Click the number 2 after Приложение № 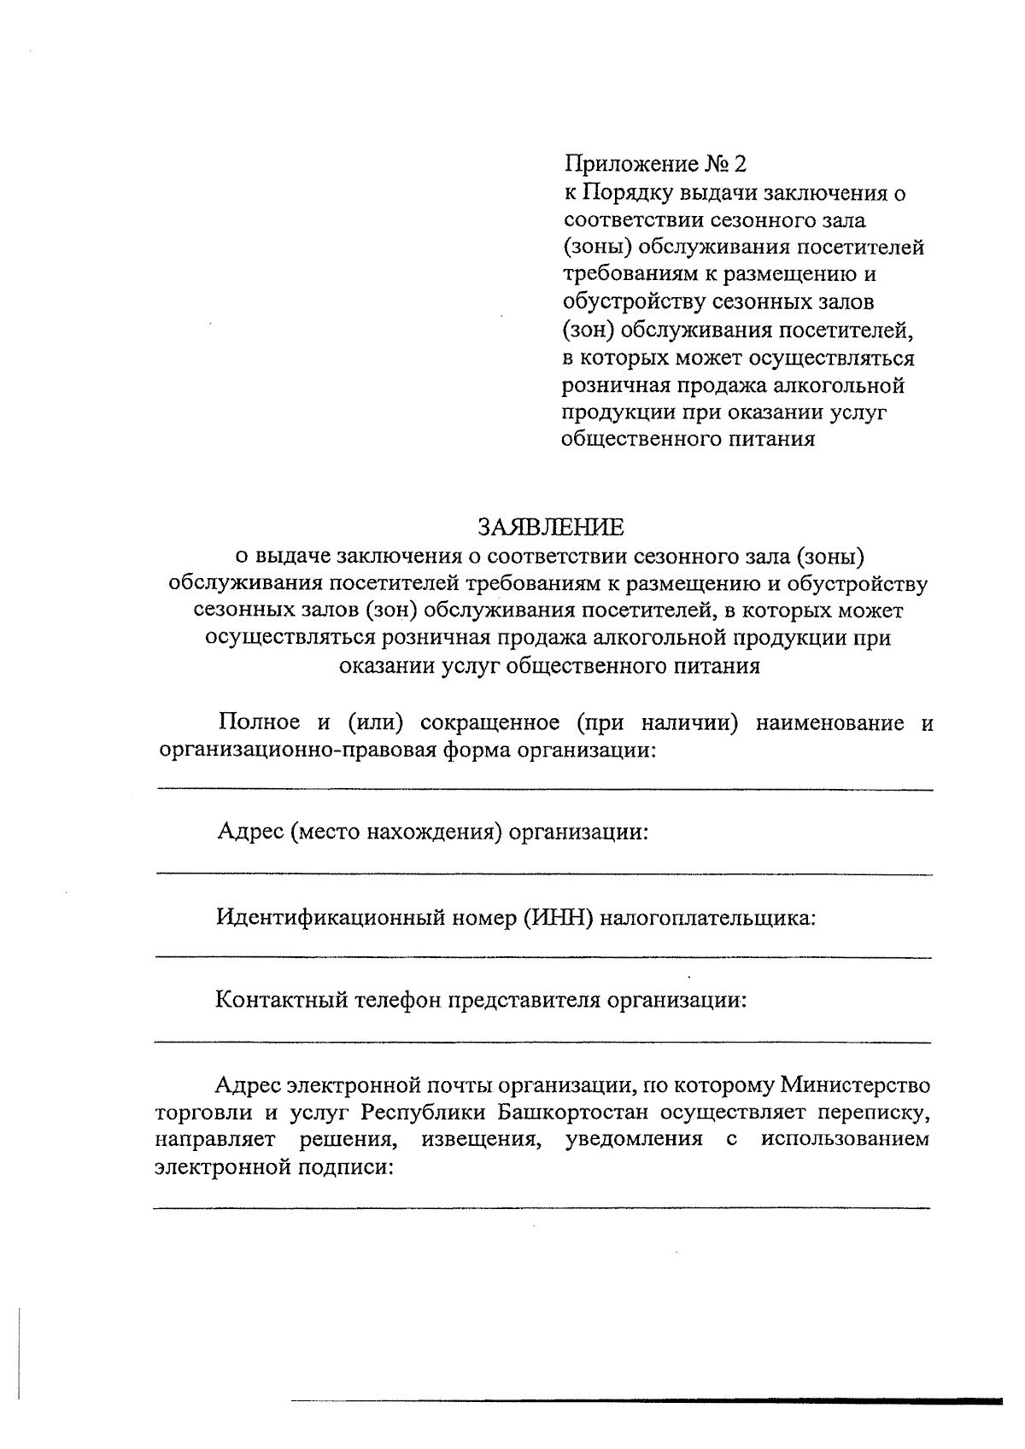(x=740, y=164)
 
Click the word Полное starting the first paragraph (x=260, y=722)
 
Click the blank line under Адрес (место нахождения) (x=543, y=873)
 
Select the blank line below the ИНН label (x=543, y=957)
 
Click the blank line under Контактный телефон (x=543, y=1041)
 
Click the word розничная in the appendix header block (x=615, y=386)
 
